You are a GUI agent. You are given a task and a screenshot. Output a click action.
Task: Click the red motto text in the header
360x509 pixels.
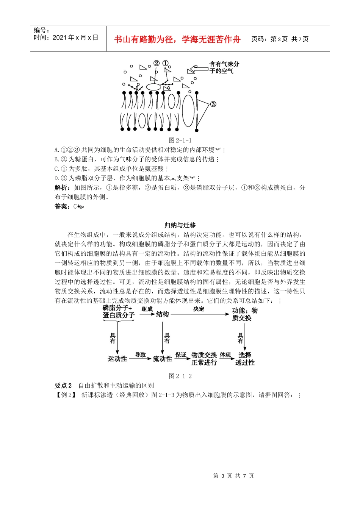177,39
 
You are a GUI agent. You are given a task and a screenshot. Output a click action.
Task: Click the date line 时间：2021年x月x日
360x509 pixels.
66,37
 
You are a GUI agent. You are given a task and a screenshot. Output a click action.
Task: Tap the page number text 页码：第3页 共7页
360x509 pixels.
280,39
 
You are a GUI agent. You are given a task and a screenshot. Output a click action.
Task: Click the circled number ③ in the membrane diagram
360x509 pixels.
213,104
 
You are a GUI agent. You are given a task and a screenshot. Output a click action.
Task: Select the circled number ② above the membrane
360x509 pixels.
157,63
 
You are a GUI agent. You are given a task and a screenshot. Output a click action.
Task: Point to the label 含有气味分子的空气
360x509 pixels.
224,67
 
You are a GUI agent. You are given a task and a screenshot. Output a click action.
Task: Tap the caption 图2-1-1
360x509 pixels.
180,140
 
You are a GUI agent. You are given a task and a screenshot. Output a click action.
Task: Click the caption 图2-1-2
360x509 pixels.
180,376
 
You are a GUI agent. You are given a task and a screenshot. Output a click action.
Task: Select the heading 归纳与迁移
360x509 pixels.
180,225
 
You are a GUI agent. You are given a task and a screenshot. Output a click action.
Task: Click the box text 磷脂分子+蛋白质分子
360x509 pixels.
118,312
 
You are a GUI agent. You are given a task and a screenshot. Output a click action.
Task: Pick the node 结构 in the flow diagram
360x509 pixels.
163,314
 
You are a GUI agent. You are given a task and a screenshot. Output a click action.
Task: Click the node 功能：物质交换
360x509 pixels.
244,314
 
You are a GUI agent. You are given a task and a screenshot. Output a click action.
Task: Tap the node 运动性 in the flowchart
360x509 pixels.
117,359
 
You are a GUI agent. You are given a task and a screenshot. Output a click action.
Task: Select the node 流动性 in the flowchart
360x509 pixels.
163,359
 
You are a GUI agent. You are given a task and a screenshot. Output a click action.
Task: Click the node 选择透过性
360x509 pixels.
245,359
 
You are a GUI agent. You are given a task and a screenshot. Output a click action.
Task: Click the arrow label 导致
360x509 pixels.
140,355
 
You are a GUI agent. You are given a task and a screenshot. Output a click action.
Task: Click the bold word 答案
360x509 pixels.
62,206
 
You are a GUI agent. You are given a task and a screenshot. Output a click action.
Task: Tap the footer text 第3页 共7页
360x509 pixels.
233,476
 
